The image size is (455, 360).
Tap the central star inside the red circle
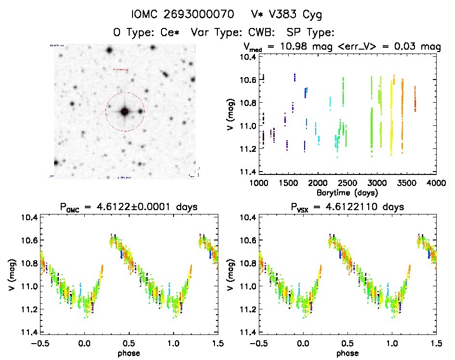(124, 112)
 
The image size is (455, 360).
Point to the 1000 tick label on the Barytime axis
(259, 183)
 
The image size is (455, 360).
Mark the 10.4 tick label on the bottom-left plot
(28, 217)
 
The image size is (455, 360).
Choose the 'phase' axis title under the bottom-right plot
(348, 353)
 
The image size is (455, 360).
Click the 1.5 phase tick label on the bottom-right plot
(436, 344)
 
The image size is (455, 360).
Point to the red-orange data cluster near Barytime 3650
(415, 103)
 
